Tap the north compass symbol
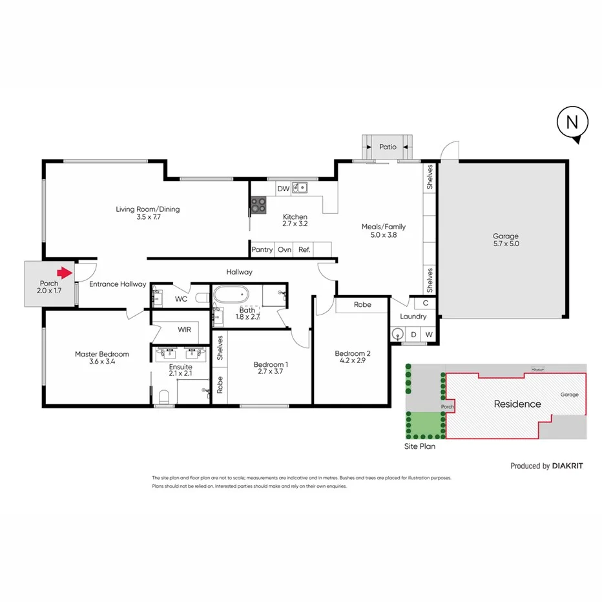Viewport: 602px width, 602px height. pos(572,124)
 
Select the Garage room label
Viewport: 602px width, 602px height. pos(506,236)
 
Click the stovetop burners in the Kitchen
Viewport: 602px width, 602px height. pos(258,205)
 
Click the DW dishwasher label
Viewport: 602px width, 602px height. pos(283,189)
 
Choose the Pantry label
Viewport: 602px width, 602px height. pos(262,249)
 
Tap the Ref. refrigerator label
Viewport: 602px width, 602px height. pos(304,249)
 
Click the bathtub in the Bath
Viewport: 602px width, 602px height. pos(231,294)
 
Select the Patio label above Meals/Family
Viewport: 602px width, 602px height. pos(388,147)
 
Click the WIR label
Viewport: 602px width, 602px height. pos(185,329)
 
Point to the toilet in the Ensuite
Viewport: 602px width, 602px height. pos(163,395)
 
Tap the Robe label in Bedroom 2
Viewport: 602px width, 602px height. pos(362,304)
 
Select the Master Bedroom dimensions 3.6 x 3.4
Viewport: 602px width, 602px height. pos(101,362)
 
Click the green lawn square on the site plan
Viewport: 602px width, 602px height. pos(422,424)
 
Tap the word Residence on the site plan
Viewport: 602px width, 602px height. pos(517,404)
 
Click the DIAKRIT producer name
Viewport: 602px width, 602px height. pos(568,466)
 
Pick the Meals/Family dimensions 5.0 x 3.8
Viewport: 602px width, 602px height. pos(383,235)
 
